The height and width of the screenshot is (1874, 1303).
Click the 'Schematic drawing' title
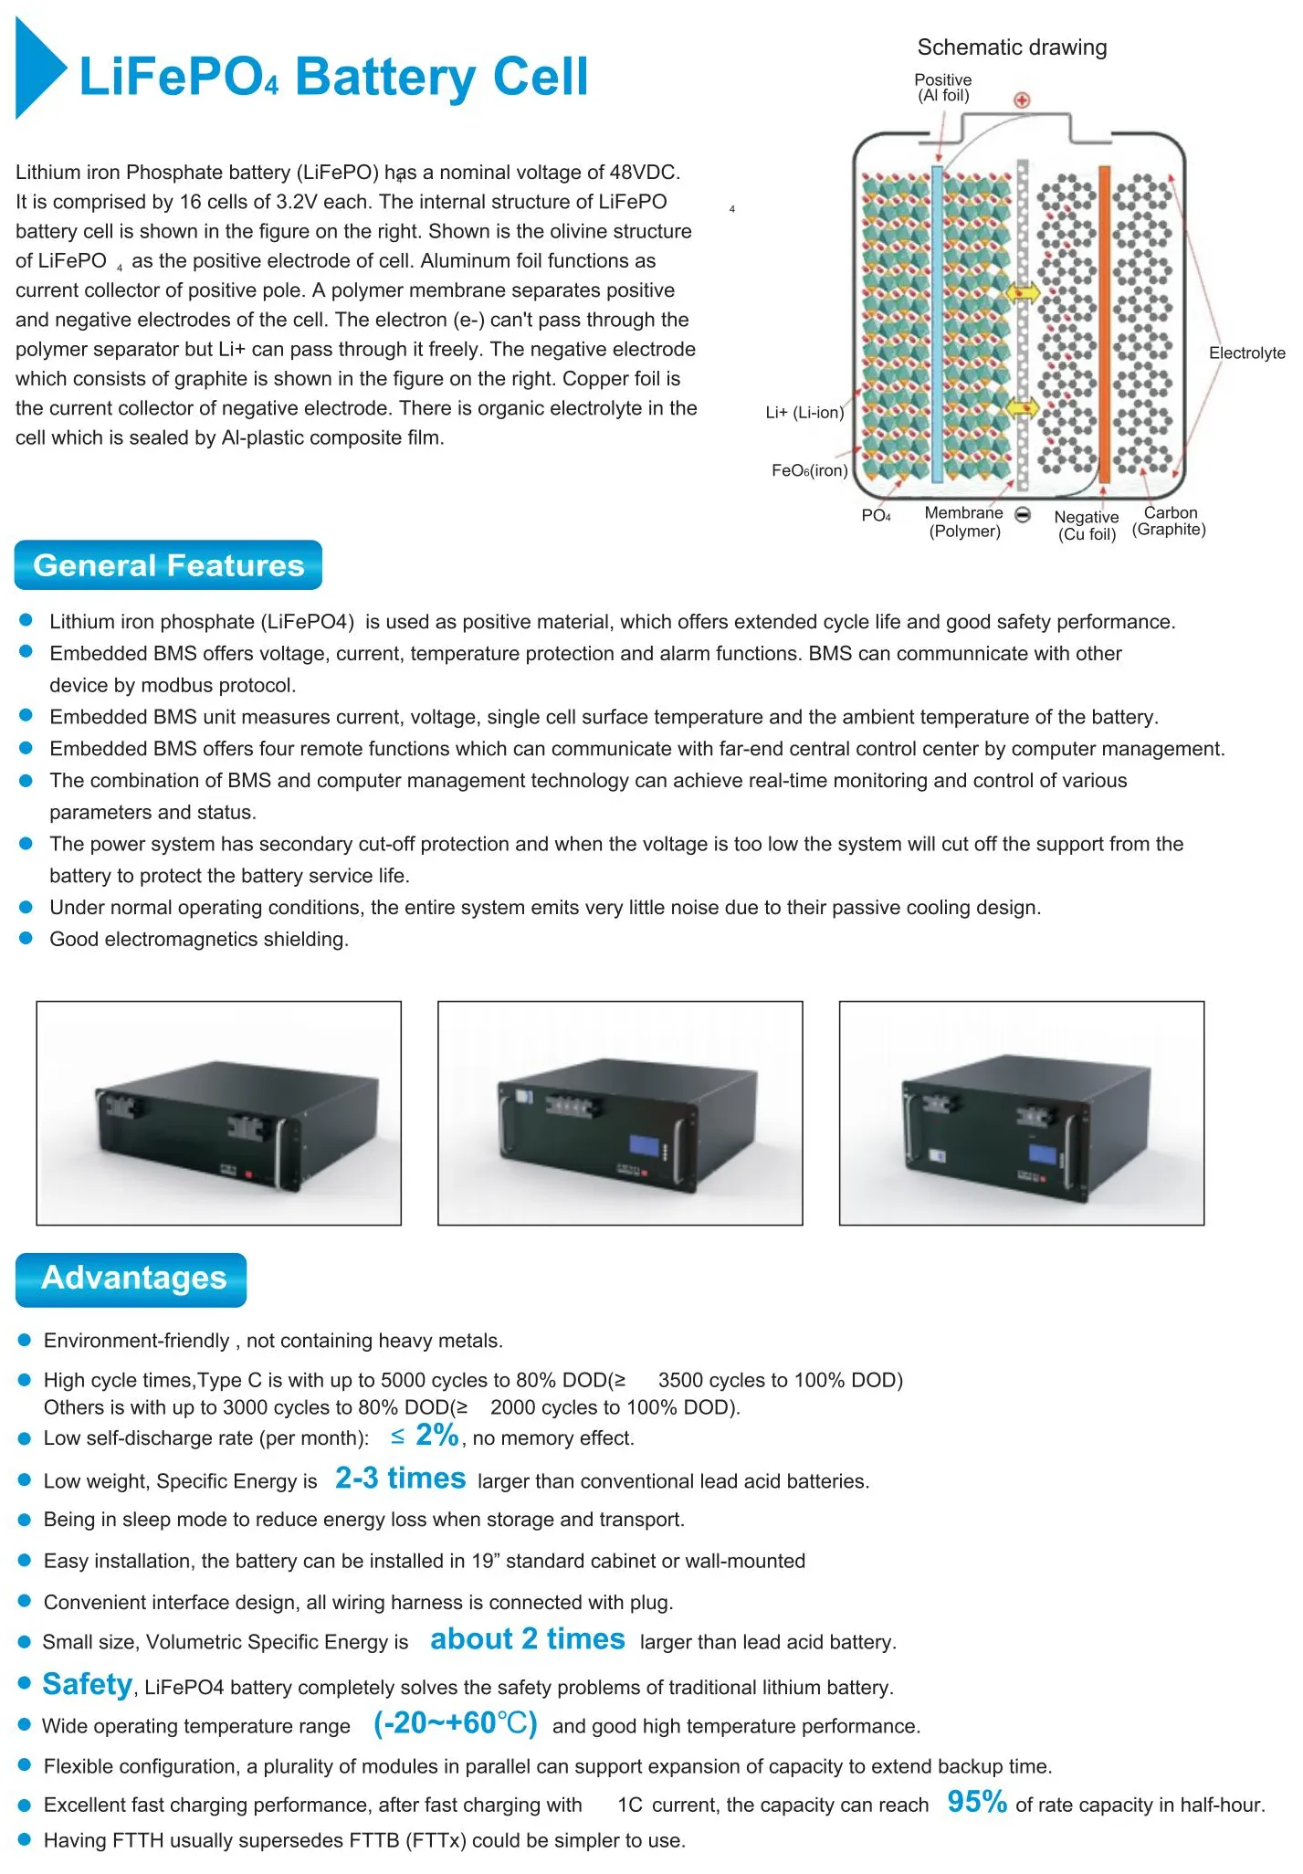pyautogui.click(x=1012, y=47)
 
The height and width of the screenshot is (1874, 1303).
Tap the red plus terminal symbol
pyautogui.click(x=1022, y=100)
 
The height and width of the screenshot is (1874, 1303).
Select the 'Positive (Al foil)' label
pyautogui.click(x=943, y=88)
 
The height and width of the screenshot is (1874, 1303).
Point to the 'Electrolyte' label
pyautogui.click(x=1246, y=353)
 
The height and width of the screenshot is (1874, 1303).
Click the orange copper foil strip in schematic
pyautogui.click(x=1104, y=324)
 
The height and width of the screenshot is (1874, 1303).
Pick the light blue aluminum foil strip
pyautogui.click(x=937, y=324)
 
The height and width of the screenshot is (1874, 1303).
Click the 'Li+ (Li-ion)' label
pyautogui.click(x=804, y=413)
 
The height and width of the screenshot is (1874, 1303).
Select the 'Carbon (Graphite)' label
pyautogui.click(x=1169, y=521)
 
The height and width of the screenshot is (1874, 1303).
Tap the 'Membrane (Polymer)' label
pyautogui.click(x=964, y=522)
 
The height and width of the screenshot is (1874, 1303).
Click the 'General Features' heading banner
pyautogui.click(x=168, y=565)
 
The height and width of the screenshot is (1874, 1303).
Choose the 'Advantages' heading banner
pyautogui.click(x=131, y=1279)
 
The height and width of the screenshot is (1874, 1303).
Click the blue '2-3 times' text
pyautogui.click(x=400, y=1479)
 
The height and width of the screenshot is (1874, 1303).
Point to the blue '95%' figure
pyautogui.click(x=977, y=1802)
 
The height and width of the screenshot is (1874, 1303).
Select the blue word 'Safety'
pyautogui.click(x=88, y=1684)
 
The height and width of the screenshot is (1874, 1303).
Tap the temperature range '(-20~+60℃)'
pyautogui.click(x=455, y=1723)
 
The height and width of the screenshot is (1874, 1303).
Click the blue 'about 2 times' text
pyautogui.click(x=527, y=1639)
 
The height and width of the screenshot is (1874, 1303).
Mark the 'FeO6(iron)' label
pyautogui.click(x=809, y=471)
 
